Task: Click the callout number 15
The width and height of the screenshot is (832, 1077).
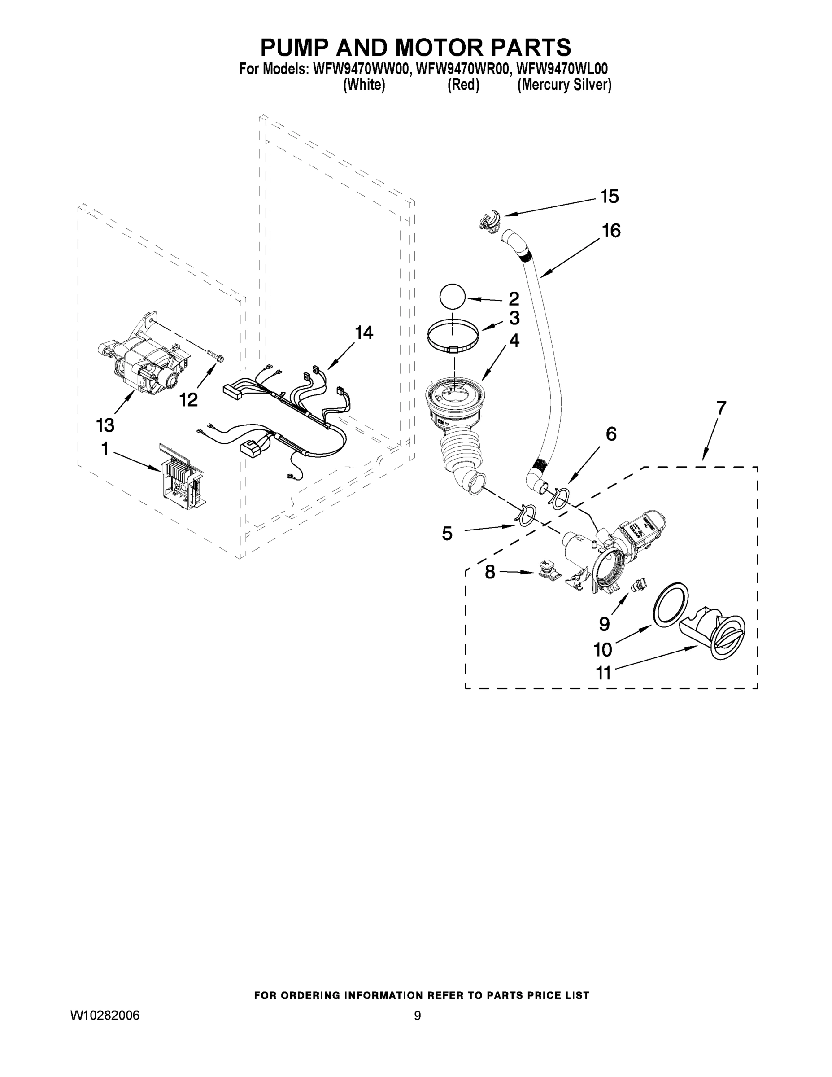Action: click(x=609, y=197)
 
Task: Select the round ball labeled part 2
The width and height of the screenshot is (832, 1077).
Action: click(x=452, y=298)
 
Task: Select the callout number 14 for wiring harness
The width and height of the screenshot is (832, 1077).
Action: click(x=364, y=333)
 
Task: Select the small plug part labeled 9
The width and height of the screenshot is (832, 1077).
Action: click(x=638, y=586)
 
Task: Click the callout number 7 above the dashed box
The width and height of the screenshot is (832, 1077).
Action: click(x=721, y=408)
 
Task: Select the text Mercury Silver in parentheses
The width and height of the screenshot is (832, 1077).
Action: click(x=564, y=85)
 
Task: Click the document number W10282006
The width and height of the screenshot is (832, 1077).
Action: click(x=105, y=1016)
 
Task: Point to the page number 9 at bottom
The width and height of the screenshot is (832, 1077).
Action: click(x=417, y=1016)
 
